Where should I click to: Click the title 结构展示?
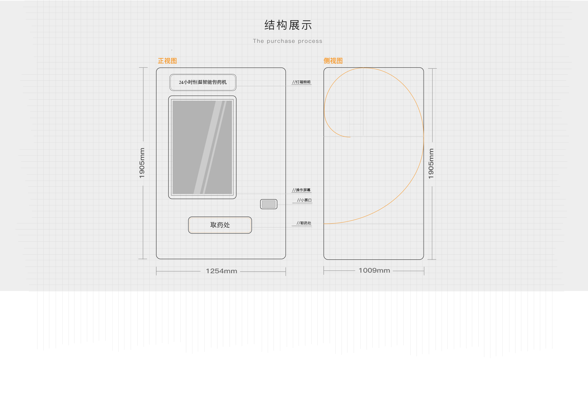coord(288,25)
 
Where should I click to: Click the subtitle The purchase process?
coord(287,41)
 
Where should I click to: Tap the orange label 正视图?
coord(167,61)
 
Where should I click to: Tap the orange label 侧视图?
coord(333,61)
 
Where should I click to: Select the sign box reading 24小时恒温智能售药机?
coord(203,82)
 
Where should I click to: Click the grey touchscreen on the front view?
coord(202,147)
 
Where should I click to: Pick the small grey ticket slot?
coord(269,204)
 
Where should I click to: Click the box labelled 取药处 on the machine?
coord(220,225)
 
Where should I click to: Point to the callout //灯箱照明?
coord(301,82)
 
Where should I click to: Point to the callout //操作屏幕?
coord(301,190)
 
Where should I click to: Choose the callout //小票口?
coord(304,200)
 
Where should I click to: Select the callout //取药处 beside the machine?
coord(304,223)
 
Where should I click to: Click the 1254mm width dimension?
coord(221,271)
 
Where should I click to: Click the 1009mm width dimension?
coord(374,270)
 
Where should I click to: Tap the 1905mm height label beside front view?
coord(142,163)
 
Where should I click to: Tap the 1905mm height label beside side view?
coord(431,163)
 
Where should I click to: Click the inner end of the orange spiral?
coord(350,137)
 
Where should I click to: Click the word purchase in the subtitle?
coord(281,41)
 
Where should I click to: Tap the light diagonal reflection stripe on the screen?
coord(210,147)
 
